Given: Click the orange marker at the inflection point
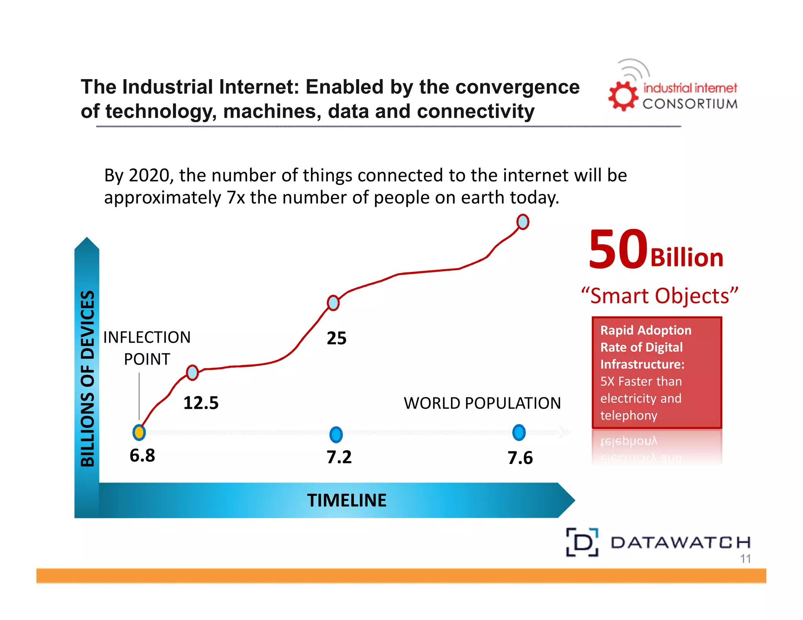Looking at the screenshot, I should tap(139, 433).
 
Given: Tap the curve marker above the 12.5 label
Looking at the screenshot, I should tap(192, 372).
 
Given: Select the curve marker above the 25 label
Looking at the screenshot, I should tap(333, 303).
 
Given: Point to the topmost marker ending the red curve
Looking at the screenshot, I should tap(523, 222).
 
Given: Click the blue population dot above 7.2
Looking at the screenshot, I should tap(336, 435).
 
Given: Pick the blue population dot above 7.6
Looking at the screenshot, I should tap(519, 433).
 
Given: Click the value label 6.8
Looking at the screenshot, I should tap(142, 455).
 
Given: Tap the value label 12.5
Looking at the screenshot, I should tap(201, 403).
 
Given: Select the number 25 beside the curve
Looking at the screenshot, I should tap(336, 338).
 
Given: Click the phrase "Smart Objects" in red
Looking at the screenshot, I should tap(659, 296).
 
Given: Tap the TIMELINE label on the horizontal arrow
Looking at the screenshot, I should tap(347, 500).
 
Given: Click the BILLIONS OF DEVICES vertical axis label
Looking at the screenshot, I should tap(87, 378).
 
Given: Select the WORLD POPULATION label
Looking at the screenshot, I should tap(482, 403).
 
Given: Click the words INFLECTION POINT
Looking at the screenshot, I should tap(147, 348).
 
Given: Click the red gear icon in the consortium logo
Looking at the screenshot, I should tap(623, 96).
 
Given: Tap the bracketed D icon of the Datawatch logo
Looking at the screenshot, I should tap(582, 542).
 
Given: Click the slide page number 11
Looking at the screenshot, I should tap(745, 559).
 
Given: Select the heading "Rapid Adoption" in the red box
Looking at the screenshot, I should tap(646, 330).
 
